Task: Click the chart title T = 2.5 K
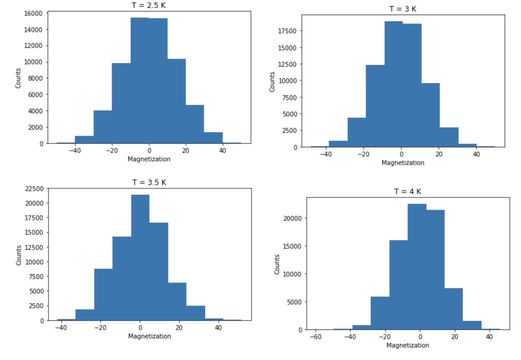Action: coord(149,5)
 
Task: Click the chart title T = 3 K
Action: coord(403,9)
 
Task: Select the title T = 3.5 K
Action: coord(149,182)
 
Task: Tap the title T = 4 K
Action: coord(408,191)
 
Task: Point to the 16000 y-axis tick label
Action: coord(33,13)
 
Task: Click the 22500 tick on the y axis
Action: coord(34,189)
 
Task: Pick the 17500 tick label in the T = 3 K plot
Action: coord(287,31)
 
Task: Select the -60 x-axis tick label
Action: coord(316,337)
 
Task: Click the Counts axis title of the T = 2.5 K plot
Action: coord(18,78)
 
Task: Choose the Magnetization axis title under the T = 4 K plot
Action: coord(408,345)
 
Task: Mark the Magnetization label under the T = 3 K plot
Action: coord(403,163)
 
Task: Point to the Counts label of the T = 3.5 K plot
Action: coord(19,255)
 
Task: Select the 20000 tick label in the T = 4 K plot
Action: coord(292,218)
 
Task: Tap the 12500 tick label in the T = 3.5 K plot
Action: coord(34,247)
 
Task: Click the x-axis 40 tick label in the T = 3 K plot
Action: coord(476,154)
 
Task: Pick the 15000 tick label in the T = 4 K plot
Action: coord(292,246)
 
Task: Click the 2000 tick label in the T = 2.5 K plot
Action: coord(35,127)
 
